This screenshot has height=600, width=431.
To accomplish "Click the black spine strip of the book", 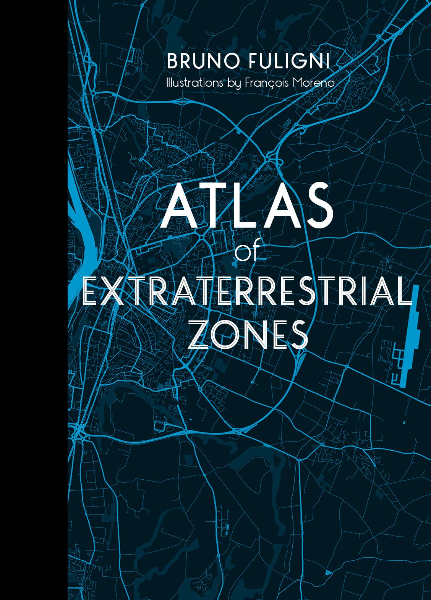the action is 34,300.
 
